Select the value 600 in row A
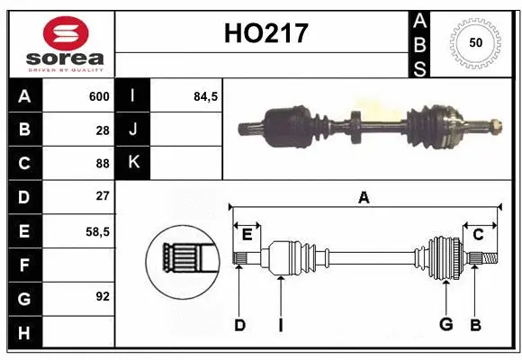[99, 96]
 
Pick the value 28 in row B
[103, 130]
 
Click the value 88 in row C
[103, 163]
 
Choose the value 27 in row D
[103, 196]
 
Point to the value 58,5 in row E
[98, 230]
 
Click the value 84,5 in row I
[206, 96]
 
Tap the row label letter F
[23, 265]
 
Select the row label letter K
[133, 163]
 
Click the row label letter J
[133, 130]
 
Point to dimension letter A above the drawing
[364, 197]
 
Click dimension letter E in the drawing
[247, 234]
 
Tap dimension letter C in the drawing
[479, 234]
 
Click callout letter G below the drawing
[445, 325]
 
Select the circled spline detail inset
[184, 261]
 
